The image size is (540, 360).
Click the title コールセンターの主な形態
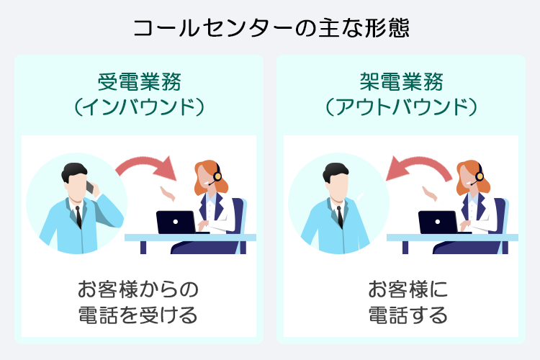pyautogui.click(x=270, y=28)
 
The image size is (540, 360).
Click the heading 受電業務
pyautogui.click(x=139, y=81)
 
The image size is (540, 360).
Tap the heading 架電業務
pyautogui.click(x=401, y=81)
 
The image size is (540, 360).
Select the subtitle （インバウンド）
pyautogui.click(x=139, y=107)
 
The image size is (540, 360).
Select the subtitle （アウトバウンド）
pyautogui.click(x=401, y=107)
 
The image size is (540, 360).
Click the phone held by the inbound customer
pyautogui.click(x=91, y=188)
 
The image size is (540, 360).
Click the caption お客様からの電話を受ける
pyautogui.click(x=138, y=302)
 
